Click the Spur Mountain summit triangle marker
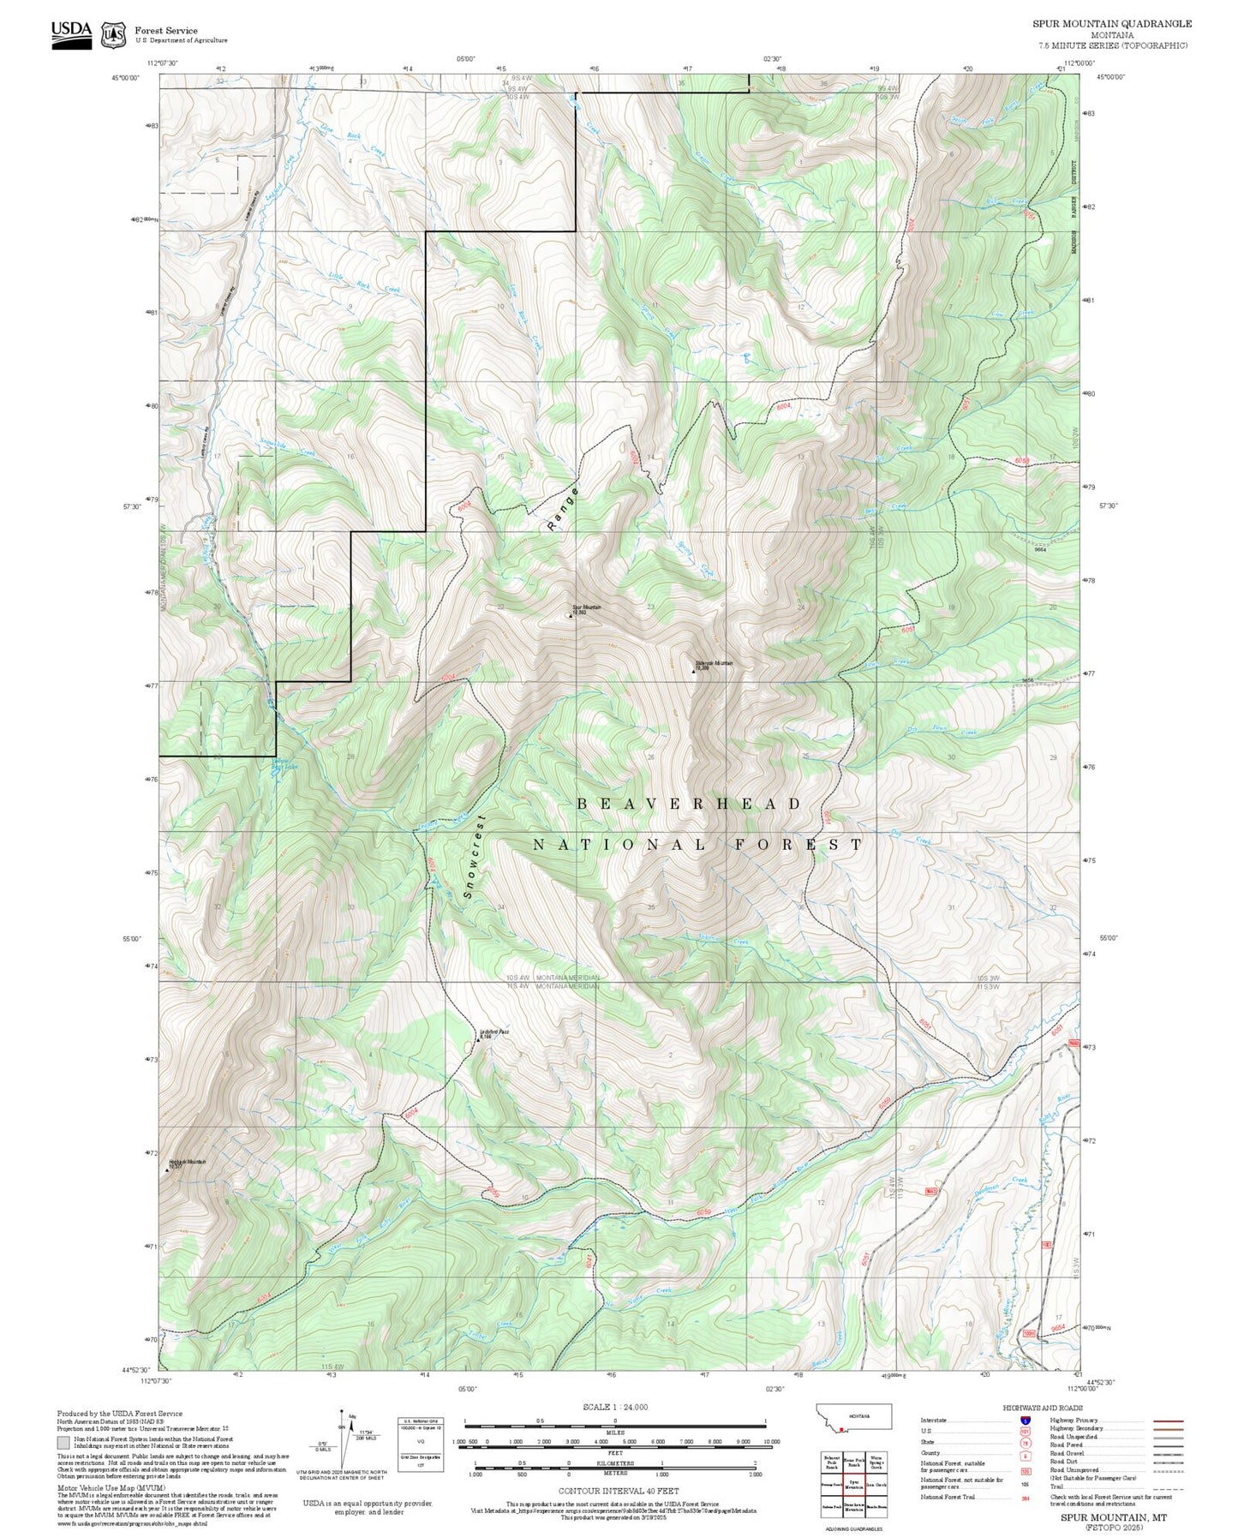pyautogui.click(x=571, y=616)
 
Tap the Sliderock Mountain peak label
pyautogui.click(x=714, y=664)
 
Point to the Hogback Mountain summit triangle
pyautogui.click(x=167, y=1169)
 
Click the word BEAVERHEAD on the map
pyautogui.click(x=690, y=804)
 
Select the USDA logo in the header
pyautogui.click(x=71, y=34)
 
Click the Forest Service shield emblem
pyautogui.click(x=113, y=34)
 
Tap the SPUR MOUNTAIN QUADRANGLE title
pyautogui.click(x=1111, y=24)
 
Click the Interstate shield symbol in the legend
pyautogui.click(x=1025, y=1420)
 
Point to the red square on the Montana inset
pyautogui.click(x=844, y=1429)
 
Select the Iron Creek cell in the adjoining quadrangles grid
pyautogui.click(x=876, y=1484)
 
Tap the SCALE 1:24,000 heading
pyautogui.click(x=615, y=1407)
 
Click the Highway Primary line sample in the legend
pyautogui.click(x=1169, y=1420)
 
